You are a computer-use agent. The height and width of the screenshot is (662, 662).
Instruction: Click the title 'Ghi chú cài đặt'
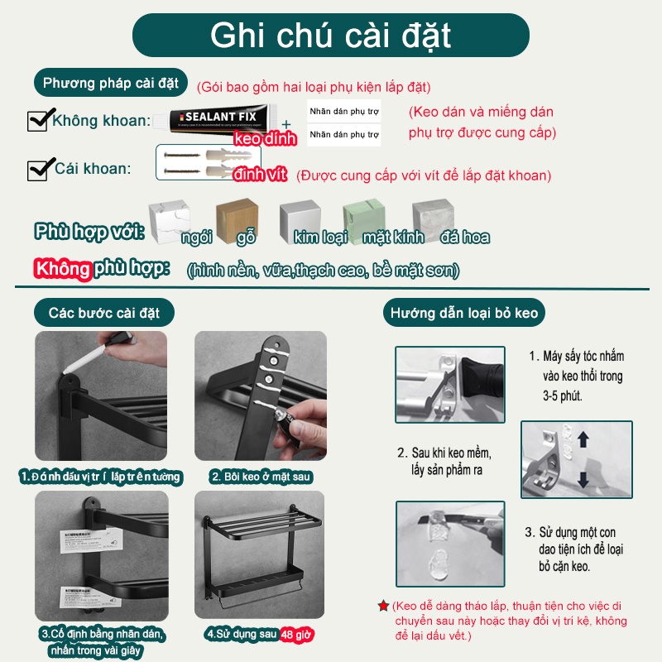click(331, 36)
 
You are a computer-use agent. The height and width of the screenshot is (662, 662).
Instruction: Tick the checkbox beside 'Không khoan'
click(37, 121)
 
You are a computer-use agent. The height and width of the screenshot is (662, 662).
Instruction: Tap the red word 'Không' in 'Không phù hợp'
click(61, 269)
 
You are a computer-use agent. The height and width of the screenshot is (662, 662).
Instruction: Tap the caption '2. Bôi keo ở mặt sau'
click(260, 477)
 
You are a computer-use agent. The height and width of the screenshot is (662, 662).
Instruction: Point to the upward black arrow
click(583, 437)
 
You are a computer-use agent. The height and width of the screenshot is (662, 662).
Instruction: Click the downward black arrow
click(583, 479)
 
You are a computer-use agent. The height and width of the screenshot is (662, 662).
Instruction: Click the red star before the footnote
click(383, 607)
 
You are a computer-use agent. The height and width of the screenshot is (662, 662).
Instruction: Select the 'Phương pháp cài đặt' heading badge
click(111, 83)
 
